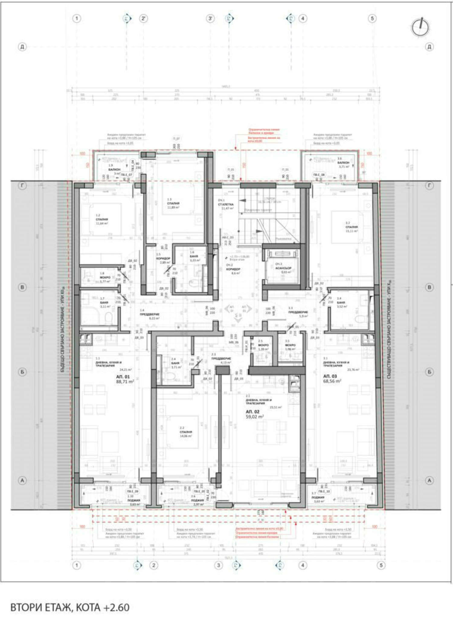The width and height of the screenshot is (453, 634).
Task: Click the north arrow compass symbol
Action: point(420,27)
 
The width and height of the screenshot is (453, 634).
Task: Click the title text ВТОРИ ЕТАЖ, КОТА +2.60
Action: point(70,607)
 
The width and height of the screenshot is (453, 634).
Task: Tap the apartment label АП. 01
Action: point(123,377)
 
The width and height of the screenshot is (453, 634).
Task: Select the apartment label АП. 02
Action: point(252,412)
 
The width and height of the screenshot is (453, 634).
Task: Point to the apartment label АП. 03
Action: point(330,376)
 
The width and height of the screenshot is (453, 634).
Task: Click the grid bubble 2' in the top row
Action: point(143,18)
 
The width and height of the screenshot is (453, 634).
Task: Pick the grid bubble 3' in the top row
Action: point(210,18)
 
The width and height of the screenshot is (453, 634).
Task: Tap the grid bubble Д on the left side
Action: point(22,47)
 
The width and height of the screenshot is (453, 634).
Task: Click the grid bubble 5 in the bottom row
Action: point(381,565)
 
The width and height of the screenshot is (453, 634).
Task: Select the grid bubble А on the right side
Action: point(429,480)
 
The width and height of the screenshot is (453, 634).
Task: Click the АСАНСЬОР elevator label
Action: point(283,268)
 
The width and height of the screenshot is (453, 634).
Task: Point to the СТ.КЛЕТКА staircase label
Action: point(226,204)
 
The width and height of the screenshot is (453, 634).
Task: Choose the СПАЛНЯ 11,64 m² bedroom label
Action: point(102,219)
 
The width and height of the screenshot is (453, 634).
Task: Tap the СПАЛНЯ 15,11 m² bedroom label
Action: point(352,227)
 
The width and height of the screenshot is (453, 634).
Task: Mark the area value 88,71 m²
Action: point(125,382)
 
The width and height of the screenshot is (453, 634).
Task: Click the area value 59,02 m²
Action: point(255,417)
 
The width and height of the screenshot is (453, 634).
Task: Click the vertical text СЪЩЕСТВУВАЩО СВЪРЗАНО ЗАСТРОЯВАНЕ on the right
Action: point(389,329)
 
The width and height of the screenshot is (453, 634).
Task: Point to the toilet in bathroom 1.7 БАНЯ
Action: point(108,317)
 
